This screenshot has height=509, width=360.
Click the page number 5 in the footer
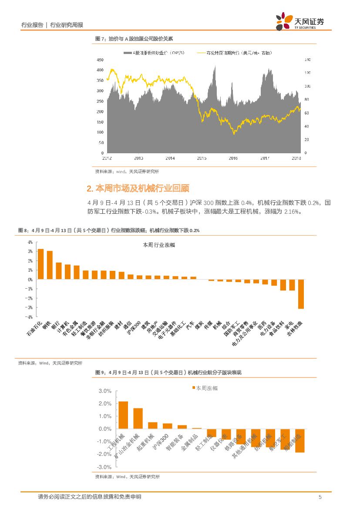click(x=320, y=497)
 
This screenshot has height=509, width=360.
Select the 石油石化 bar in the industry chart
click(x=40, y=264)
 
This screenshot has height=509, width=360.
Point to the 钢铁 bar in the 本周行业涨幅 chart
click(x=50, y=265)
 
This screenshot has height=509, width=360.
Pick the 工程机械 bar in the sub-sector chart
click(x=123, y=415)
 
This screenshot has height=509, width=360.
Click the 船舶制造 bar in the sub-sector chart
click(x=299, y=441)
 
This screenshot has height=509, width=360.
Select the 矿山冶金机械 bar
click(x=138, y=418)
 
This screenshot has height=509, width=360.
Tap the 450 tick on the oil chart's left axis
click(x=100, y=60)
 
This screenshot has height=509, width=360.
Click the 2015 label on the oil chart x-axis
click(x=202, y=158)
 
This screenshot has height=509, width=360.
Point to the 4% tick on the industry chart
click(x=30, y=242)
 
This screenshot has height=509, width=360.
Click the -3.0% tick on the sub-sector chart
click(x=105, y=467)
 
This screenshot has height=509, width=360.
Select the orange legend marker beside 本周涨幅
click(x=194, y=388)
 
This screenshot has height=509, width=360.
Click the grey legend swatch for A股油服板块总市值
click(x=128, y=53)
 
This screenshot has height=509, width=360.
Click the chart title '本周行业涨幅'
click(x=159, y=245)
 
